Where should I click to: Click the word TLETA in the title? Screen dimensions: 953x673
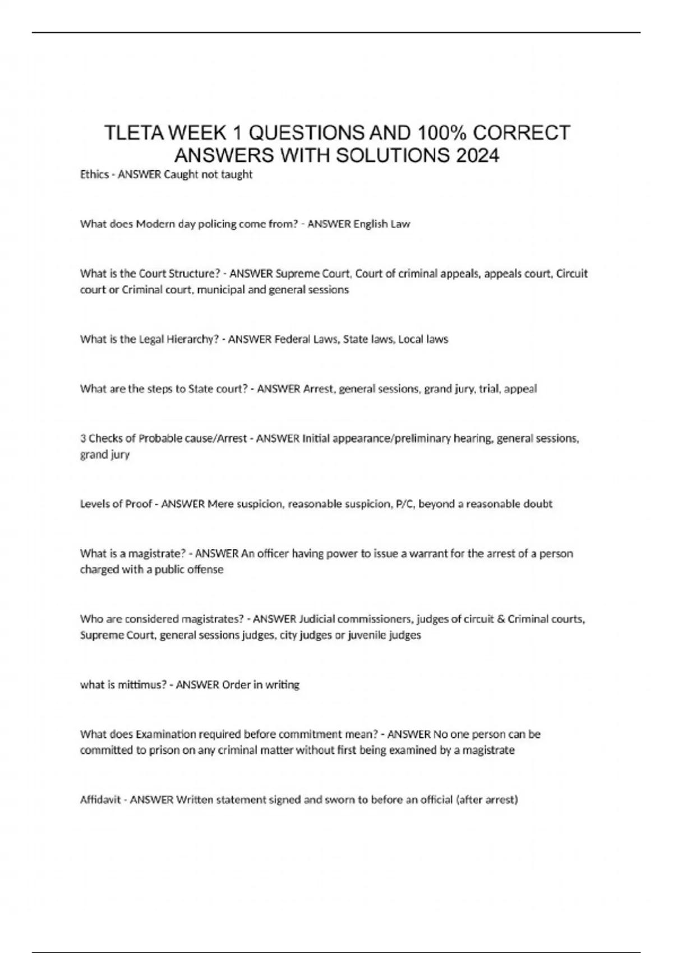[133, 133]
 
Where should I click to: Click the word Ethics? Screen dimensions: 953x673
[94, 174]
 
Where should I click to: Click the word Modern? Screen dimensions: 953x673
[155, 224]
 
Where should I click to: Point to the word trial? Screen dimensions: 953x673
[489, 388]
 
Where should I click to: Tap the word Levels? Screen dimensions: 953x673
[95, 504]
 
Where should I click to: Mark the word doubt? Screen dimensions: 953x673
[538, 504]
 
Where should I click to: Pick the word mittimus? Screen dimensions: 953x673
[142, 684]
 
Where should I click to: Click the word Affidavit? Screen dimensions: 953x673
[100, 799]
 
